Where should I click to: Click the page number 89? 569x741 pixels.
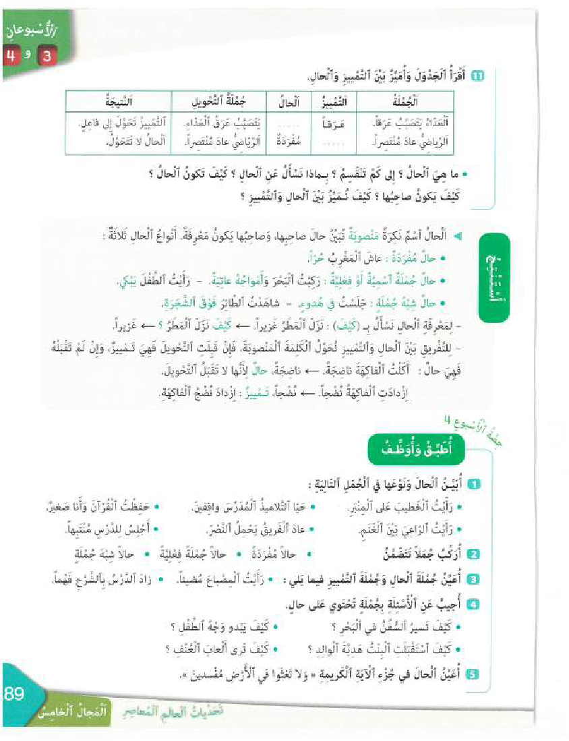point(15,694)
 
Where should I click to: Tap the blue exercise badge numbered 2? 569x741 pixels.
point(474,554)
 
